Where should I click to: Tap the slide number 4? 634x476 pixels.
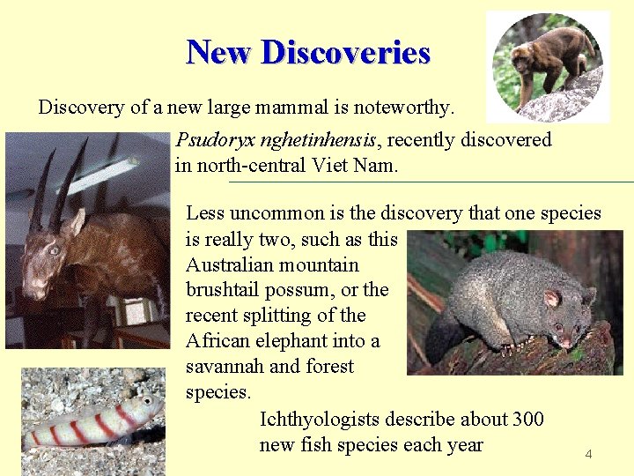pyautogui.click(x=588, y=454)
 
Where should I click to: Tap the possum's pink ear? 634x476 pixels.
pyautogui.click(x=553, y=299)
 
